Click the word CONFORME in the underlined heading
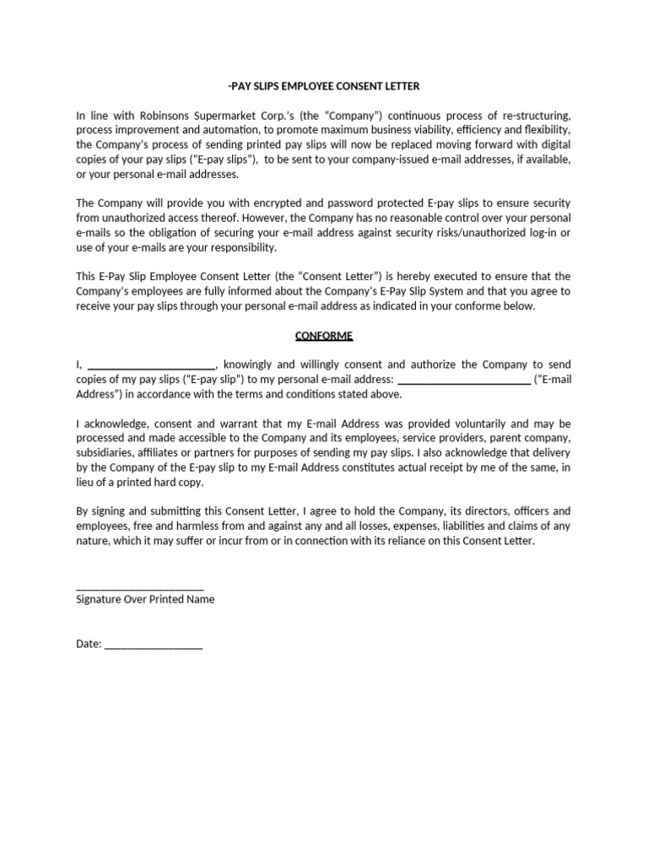pyautogui.click(x=324, y=336)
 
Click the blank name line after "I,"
pyautogui.click(x=151, y=365)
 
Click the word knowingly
pyautogui.click(x=251, y=365)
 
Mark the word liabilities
pyautogui.click(x=466, y=526)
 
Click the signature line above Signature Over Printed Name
pyautogui.click(x=139, y=588)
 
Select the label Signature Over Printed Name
pyautogui.click(x=145, y=600)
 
